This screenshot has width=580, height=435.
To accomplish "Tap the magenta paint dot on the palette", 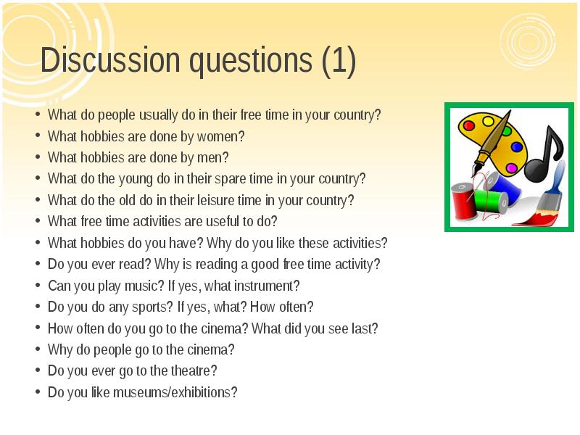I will pos(512,168).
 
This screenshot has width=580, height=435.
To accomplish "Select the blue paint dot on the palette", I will pos(516,146).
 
